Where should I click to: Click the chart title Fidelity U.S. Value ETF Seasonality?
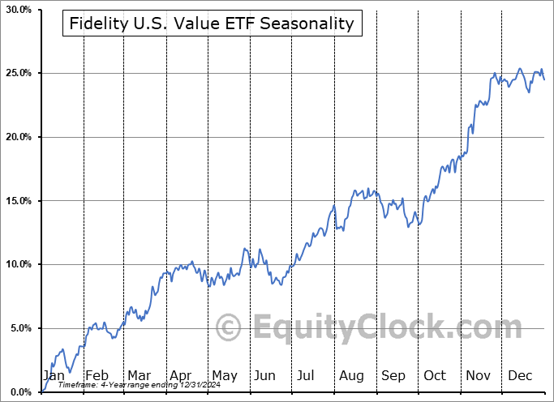coord(212,24)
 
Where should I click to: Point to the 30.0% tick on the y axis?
coord(18,10)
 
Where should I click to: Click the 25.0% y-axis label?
coord(18,74)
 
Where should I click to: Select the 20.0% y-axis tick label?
coord(18,137)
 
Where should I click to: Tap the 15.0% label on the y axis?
coord(18,201)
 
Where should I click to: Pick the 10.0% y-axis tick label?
coord(18,265)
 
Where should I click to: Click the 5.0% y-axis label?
coord(20,328)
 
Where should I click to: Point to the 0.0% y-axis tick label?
coord(20,392)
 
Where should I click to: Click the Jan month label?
coord(54,375)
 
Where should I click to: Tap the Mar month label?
coord(139,375)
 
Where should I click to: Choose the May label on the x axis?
coord(224,375)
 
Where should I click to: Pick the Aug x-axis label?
coord(351,375)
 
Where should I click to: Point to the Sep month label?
coord(393,375)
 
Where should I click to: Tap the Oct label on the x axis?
coord(435,375)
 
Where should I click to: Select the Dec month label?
coord(520,375)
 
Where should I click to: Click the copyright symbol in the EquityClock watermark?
coord(229,328)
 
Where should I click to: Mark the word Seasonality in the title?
coord(314,24)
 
